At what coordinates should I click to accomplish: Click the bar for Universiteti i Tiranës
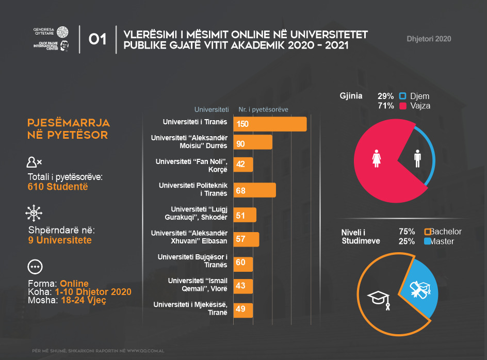(270, 124)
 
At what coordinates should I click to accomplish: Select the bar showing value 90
(253, 142)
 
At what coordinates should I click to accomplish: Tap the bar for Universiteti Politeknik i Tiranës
(254, 190)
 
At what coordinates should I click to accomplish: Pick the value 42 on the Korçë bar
(240, 165)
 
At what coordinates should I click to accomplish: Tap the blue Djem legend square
(403, 96)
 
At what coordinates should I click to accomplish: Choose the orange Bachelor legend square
(427, 232)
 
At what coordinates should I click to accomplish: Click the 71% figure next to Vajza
(386, 106)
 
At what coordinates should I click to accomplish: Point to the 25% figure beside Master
(407, 241)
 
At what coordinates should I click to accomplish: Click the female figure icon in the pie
(376, 158)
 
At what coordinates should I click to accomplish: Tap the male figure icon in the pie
(417, 158)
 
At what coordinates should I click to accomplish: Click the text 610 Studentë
(58, 186)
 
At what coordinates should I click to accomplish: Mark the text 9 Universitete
(60, 240)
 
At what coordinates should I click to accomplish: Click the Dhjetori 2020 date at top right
(429, 39)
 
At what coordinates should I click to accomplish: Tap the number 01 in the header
(98, 40)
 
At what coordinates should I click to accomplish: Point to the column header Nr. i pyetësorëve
(263, 109)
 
